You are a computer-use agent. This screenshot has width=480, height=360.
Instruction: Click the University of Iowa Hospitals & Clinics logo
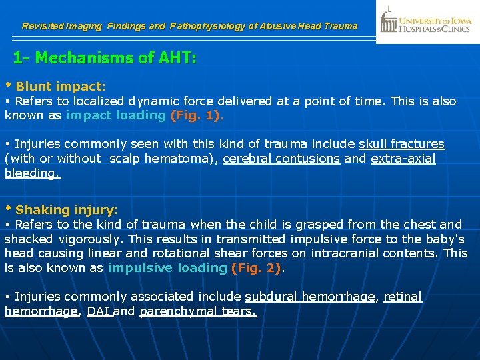427,22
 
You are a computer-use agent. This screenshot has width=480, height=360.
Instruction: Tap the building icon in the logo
389,21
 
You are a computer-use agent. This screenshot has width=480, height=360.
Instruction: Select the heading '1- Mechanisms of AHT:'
105,58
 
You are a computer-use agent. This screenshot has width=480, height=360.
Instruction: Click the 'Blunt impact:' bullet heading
61,87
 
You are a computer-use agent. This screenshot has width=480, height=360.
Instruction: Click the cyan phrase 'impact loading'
116,115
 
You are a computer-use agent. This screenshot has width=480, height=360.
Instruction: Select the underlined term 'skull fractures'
401,144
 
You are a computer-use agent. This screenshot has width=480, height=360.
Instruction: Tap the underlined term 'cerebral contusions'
281,159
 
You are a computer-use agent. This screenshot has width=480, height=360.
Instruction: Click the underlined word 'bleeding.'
32,173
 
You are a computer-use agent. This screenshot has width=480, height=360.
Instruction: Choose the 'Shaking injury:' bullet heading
66,210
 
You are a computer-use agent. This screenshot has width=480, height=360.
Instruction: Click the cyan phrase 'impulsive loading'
167,267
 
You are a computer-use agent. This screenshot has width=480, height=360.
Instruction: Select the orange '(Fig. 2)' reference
257,267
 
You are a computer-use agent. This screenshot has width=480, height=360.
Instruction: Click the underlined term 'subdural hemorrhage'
309,297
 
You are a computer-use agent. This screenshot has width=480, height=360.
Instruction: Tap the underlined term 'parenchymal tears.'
197,311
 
